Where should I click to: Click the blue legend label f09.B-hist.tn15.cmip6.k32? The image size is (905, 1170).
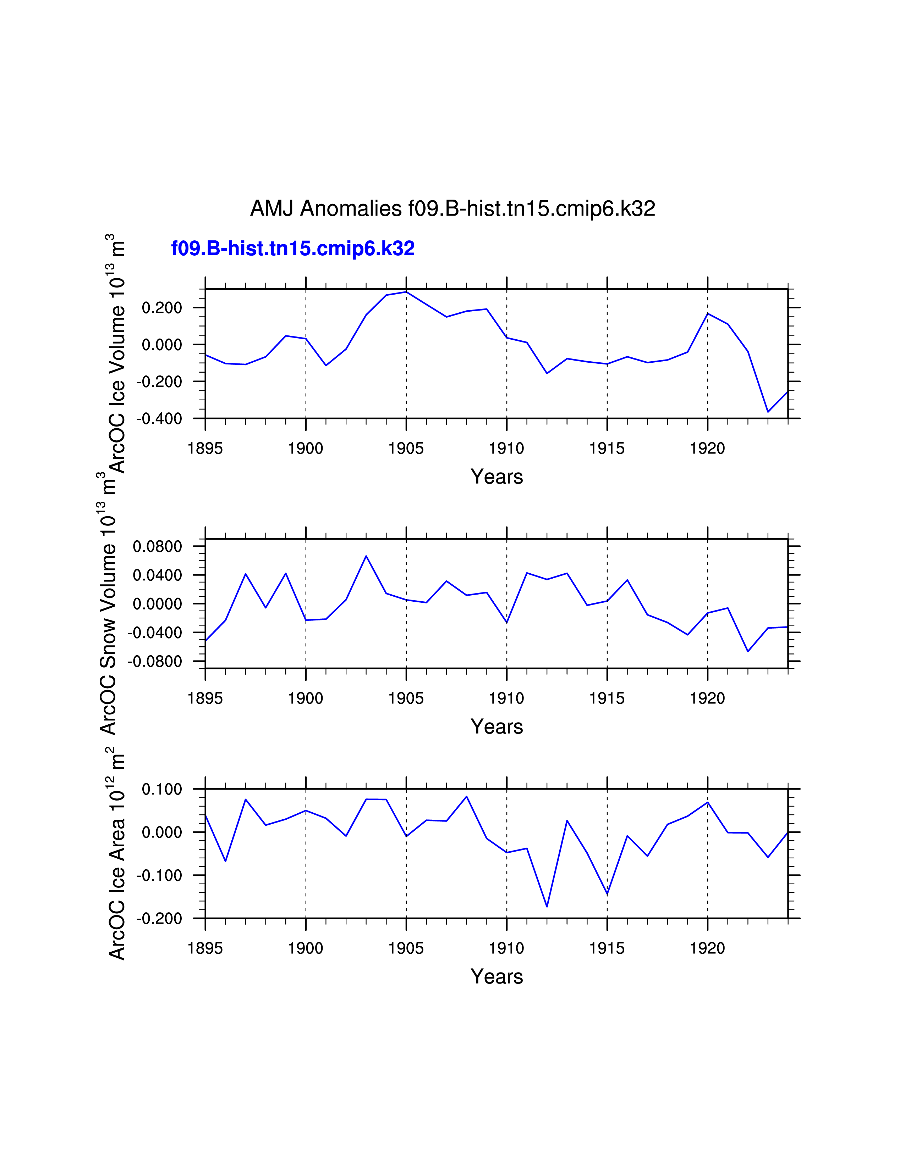pos(293,249)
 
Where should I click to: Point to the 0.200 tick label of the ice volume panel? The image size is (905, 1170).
pos(161,308)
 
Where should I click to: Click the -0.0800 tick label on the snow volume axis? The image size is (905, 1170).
pos(154,662)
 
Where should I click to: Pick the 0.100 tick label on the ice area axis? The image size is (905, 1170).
pos(161,789)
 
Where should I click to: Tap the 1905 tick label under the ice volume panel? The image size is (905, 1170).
pos(406,448)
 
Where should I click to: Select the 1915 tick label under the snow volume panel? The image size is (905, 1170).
pos(607,698)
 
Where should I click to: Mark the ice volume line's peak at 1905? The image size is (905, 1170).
pos(406,292)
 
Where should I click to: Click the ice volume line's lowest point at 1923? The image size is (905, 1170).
pos(768,411)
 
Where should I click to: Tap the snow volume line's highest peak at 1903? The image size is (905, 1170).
pos(366,556)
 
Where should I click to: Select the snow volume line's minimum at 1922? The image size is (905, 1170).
pos(748,651)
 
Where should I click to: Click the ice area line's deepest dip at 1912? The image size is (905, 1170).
pos(547,907)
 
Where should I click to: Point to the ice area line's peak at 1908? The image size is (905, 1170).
pos(466,797)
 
